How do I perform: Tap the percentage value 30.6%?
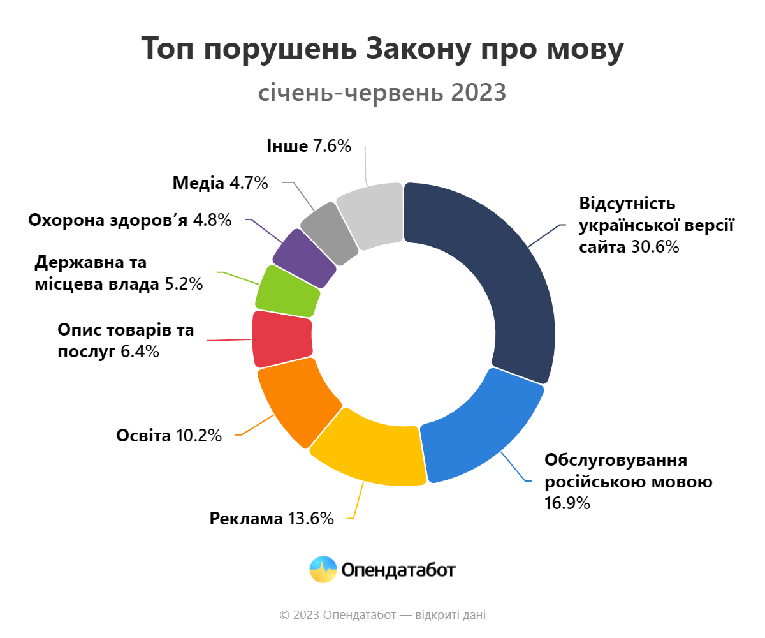[x=655, y=247]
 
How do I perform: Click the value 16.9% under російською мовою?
[x=567, y=502]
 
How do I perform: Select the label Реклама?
[x=246, y=519]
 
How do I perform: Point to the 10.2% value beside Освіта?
[x=198, y=436]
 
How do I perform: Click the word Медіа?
[x=198, y=183]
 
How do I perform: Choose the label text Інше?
[x=287, y=146]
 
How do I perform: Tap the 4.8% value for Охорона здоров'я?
[x=212, y=220]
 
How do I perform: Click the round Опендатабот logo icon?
[x=323, y=570]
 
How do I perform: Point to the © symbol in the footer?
[x=284, y=616]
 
